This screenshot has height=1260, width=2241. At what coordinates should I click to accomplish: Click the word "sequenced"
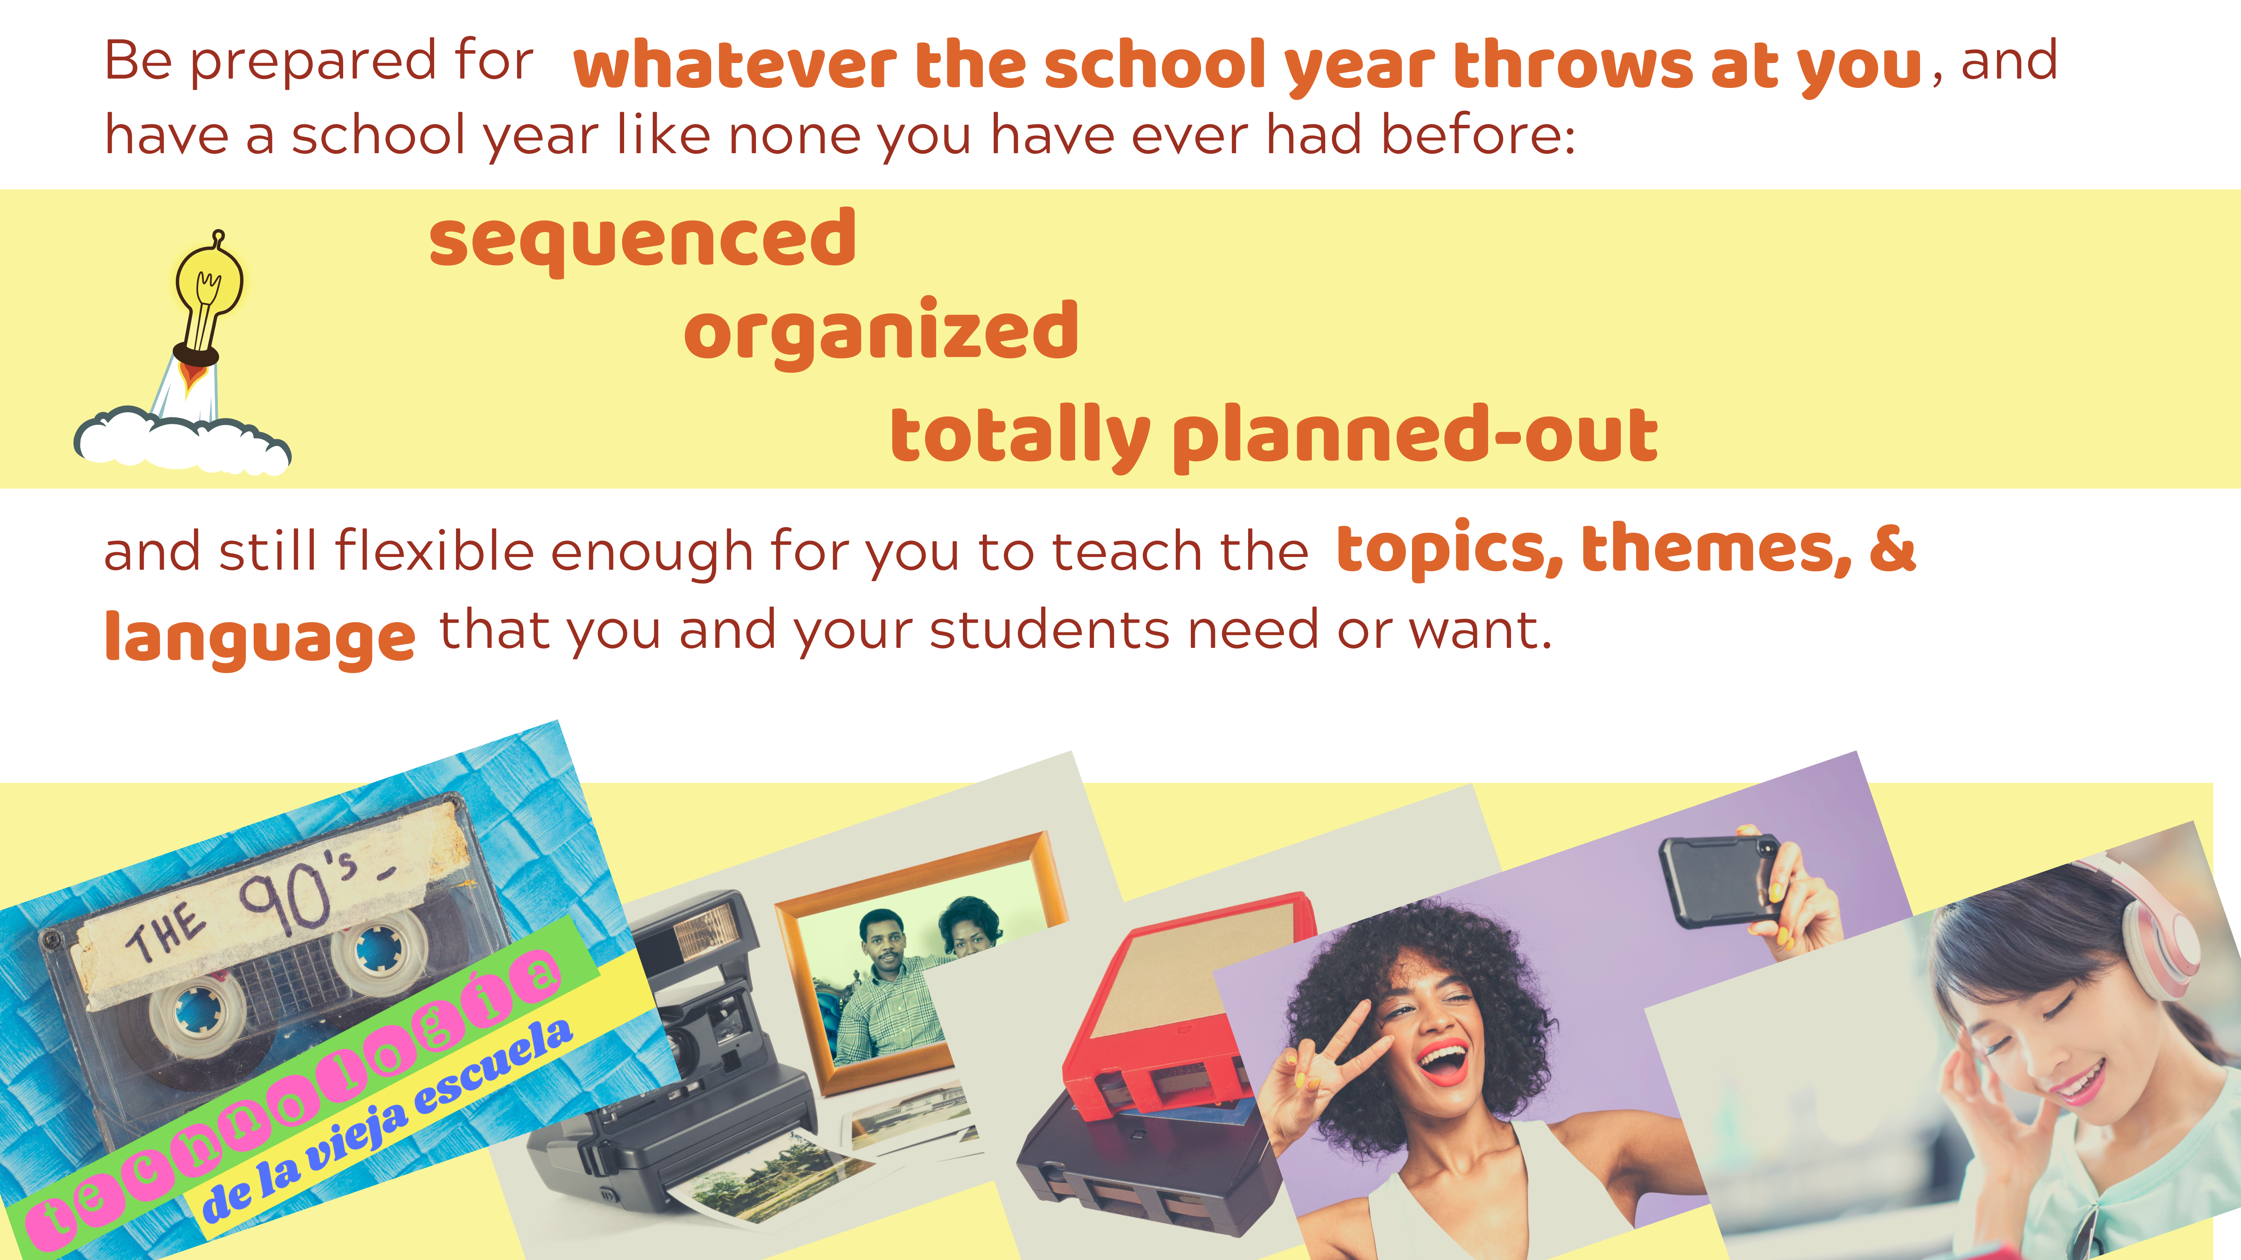(x=643, y=240)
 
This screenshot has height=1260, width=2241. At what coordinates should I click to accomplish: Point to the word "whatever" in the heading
(x=735, y=66)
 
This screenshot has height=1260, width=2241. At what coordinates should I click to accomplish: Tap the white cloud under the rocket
(x=183, y=442)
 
